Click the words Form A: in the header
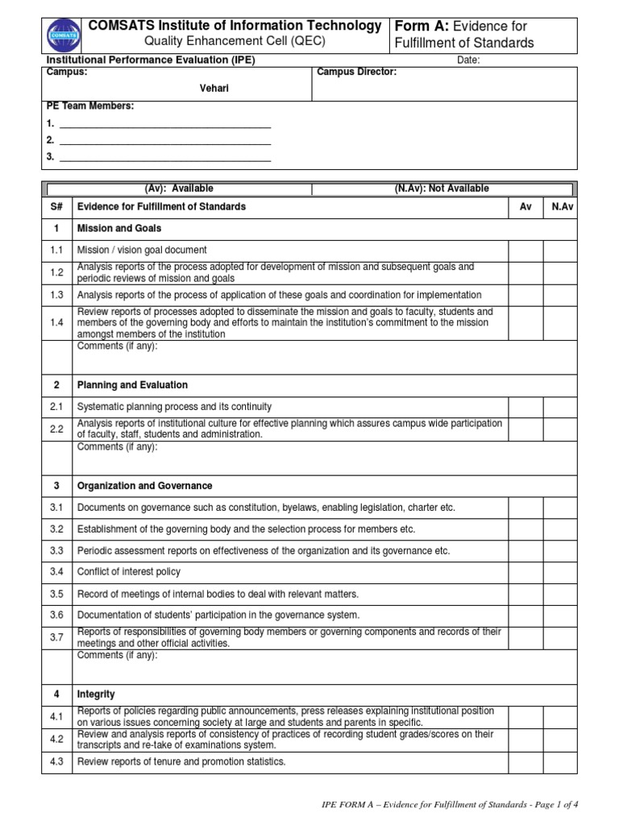[421, 26]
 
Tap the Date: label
[468, 60]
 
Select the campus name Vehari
[214, 88]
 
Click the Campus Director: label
[356, 73]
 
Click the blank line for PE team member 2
[165, 140]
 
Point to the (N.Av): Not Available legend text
[441, 189]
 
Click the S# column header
[56, 207]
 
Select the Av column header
[526, 207]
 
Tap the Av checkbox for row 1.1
[526, 251]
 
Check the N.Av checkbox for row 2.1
[559, 407]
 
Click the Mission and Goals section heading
[118, 229]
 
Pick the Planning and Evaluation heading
[132, 385]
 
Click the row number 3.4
[56, 572]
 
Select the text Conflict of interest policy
[128, 572]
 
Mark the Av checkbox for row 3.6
[526, 616]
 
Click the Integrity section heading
[96, 694]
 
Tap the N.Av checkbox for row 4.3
[559, 762]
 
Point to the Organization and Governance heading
[144, 486]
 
